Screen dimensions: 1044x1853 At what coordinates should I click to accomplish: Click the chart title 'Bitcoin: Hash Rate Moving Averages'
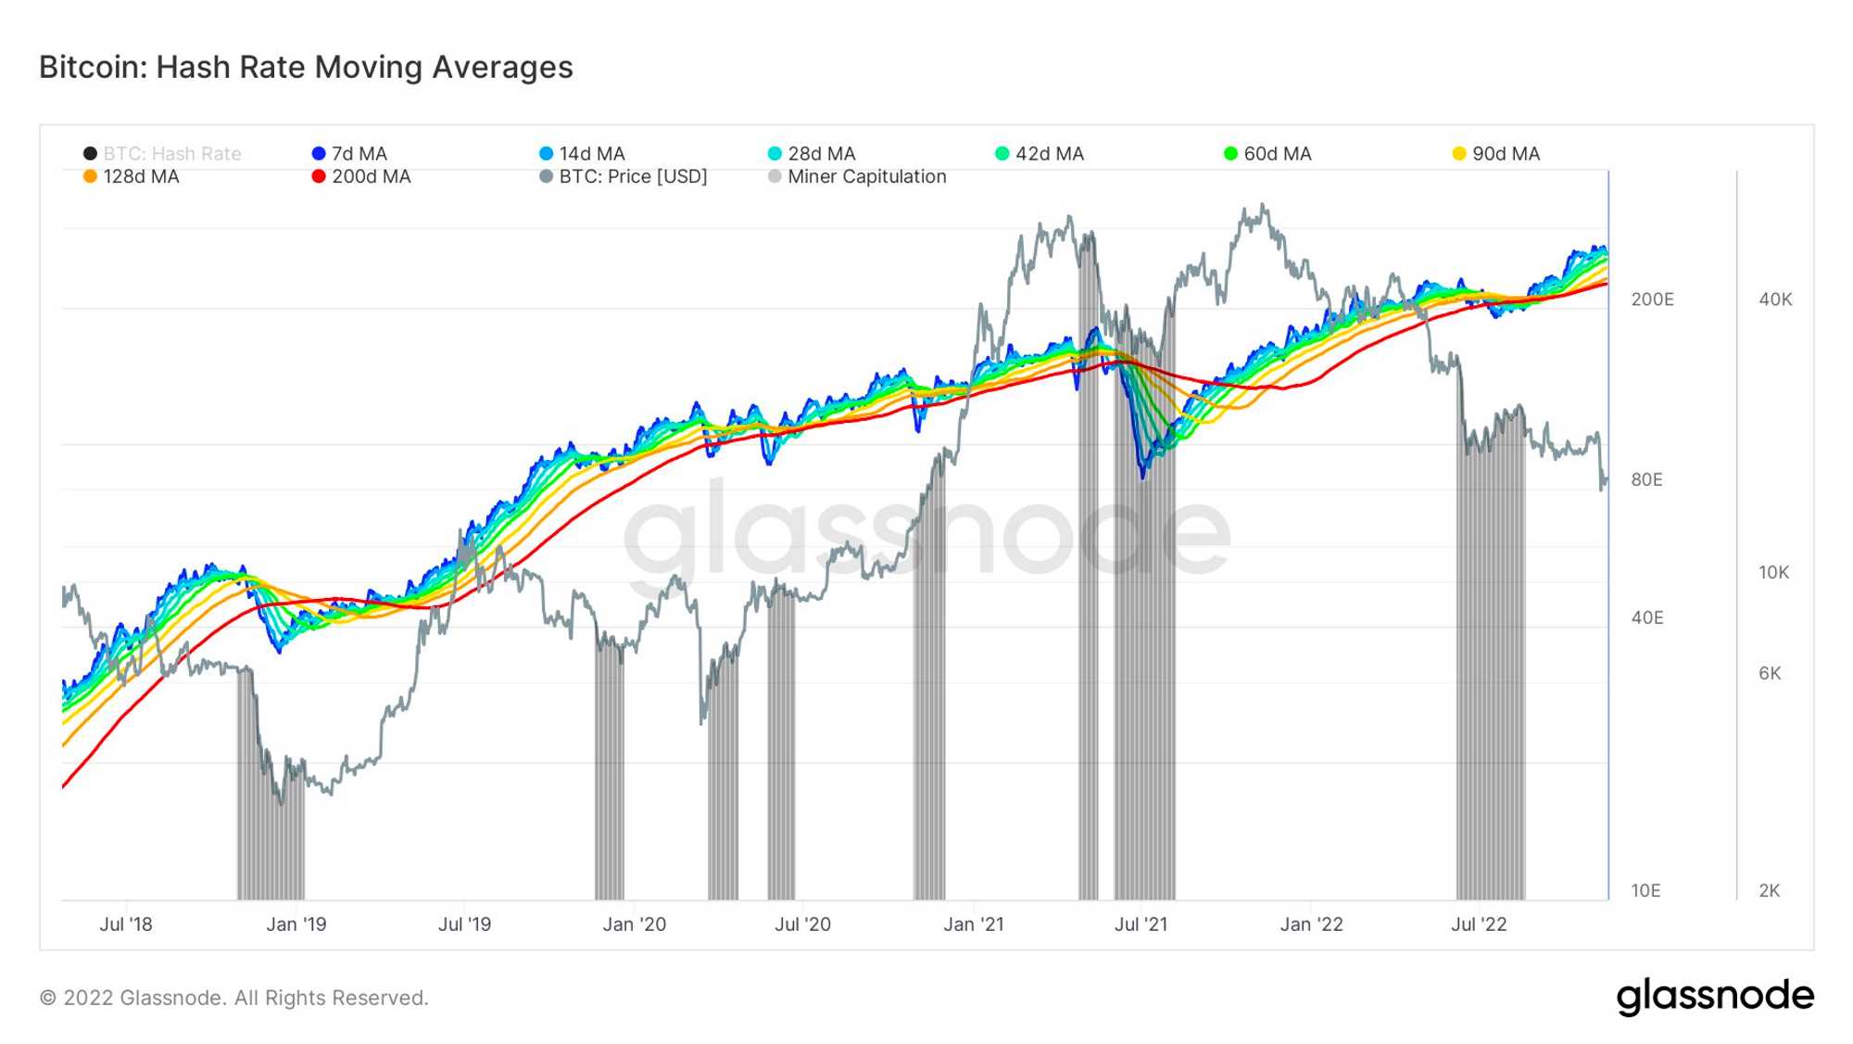pyautogui.click(x=306, y=68)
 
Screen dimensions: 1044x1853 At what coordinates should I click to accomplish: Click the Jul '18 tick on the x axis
pyautogui.click(x=126, y=924)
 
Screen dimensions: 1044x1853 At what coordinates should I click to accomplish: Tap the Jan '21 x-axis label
pyautogui.click(x=973, y=924)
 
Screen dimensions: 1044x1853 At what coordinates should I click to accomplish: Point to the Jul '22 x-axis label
pyautogui.click(x=1479, y=924)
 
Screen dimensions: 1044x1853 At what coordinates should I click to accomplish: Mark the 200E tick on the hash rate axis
pyautogui.click(x=1652, y=299)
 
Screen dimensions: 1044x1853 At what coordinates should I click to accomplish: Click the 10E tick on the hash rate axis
pyautogui.click(x=1645, y=891)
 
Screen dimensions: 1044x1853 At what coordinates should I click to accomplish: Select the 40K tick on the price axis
pyautogui.click(x=1775, y=299)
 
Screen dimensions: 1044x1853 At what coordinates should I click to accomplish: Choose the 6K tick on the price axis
pyautogui.click(x=1770, y=673)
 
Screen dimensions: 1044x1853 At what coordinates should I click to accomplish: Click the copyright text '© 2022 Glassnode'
pyautogui.click(x=233, y=999)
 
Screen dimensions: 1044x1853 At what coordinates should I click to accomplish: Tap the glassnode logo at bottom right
pyautogui.click(x=1715, y=996)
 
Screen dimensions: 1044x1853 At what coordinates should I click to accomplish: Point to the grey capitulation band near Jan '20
pyautogui.click(x=609, y=788)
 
